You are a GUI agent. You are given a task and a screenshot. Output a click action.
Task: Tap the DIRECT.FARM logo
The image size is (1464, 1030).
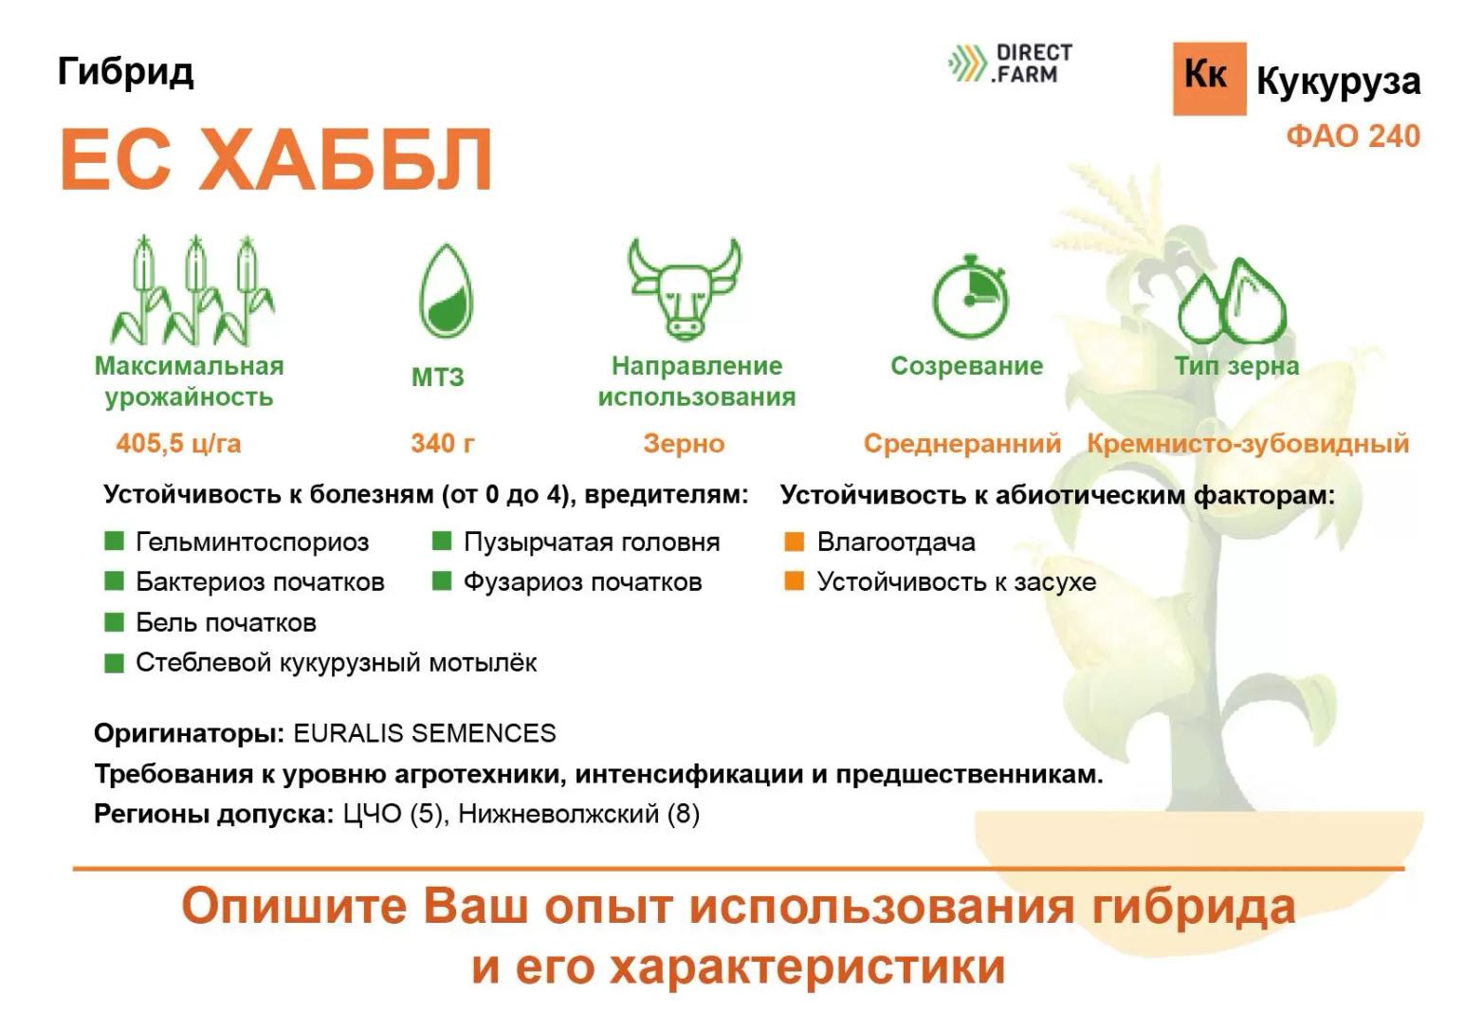tap(1011, 64)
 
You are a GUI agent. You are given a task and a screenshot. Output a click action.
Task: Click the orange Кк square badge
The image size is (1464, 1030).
tap(1208, 78)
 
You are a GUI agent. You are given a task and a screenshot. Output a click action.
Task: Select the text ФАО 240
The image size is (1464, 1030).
tap(1352, 137)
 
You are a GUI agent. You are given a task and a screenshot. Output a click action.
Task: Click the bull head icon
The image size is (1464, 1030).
tap(684, 287)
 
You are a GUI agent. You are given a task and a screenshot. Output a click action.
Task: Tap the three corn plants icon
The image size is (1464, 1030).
tap(193, 290)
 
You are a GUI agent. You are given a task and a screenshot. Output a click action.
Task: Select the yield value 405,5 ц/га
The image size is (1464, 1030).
tap(178, 443)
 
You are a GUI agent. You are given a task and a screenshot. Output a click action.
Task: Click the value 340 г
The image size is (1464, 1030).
tap(443, 443)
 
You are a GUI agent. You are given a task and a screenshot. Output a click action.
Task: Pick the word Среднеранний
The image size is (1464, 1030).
tap(961, 444)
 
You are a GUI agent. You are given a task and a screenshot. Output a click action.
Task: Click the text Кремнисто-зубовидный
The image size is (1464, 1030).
tap(1247, 444)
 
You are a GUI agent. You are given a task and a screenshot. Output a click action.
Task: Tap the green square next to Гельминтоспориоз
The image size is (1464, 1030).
tap(114, 542)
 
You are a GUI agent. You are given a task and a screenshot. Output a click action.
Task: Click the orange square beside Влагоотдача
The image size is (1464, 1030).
tap(795, 542)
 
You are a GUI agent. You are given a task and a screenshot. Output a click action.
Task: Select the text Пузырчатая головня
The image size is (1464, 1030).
tap(591, 543)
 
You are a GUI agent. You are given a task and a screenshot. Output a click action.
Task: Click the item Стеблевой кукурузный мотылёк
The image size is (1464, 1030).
tap(336, 662)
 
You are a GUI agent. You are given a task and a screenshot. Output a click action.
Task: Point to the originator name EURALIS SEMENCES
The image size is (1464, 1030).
tap(424, 733)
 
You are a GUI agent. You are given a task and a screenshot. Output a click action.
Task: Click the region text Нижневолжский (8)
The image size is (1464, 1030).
tap(578, 814)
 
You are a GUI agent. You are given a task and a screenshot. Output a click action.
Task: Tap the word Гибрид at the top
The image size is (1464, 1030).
tap(125, 71)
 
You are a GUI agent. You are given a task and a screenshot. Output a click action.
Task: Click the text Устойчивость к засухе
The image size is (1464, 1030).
tap(956, 581)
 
